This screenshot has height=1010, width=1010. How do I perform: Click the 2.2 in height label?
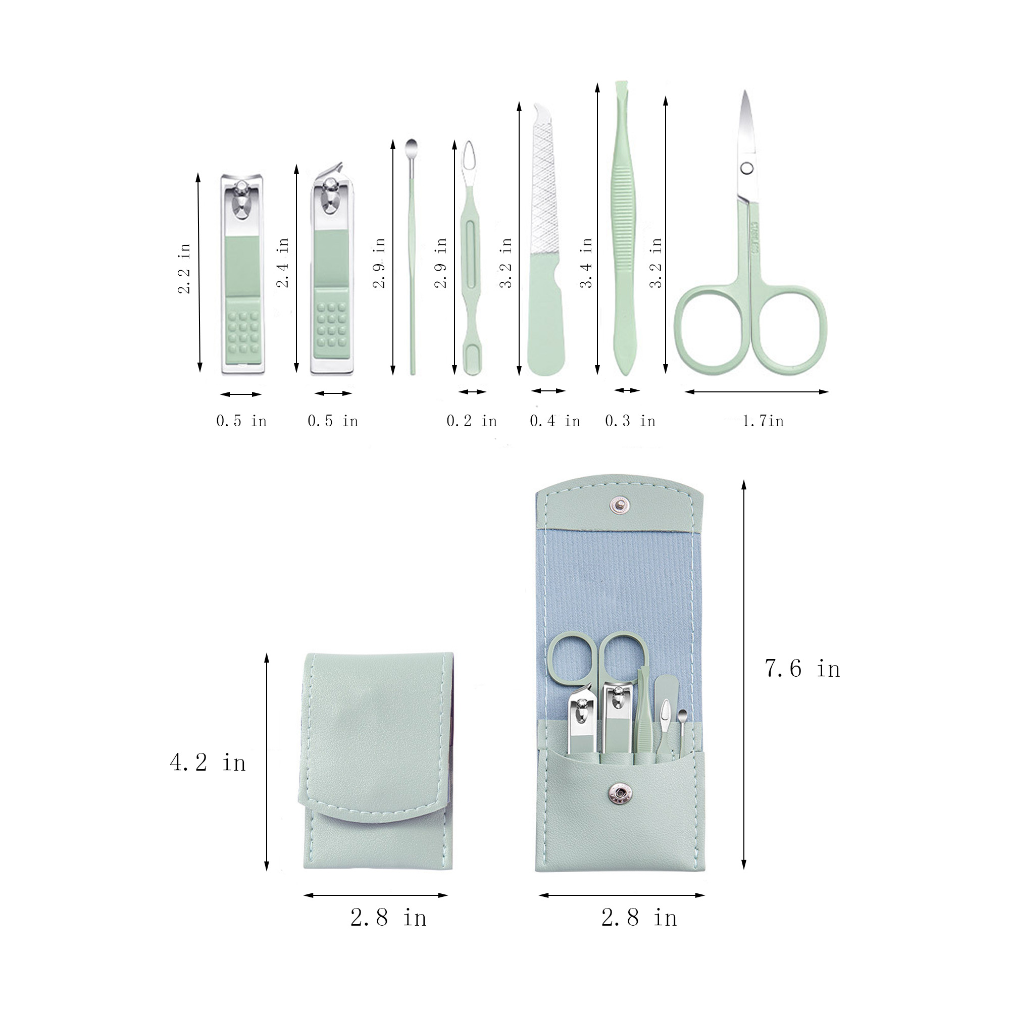184,268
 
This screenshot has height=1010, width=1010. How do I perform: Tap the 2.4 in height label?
282,263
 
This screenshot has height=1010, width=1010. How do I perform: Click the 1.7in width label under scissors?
763,421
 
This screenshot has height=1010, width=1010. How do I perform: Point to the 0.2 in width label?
472,421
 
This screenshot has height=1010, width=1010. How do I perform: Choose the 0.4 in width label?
554,421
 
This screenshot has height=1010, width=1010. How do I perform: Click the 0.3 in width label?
630,421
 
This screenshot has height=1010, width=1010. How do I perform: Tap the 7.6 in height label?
802,669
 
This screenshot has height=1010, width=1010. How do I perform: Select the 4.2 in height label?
208,763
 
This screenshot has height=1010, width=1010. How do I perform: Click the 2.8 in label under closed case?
388,918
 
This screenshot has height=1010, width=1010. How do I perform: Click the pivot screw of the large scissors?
747,168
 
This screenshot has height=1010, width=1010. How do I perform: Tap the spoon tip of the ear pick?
412,145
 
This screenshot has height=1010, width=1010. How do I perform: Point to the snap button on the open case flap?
620,504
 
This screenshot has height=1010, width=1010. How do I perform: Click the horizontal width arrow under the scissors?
756,391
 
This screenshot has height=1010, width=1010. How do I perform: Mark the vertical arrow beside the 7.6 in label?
744,674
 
